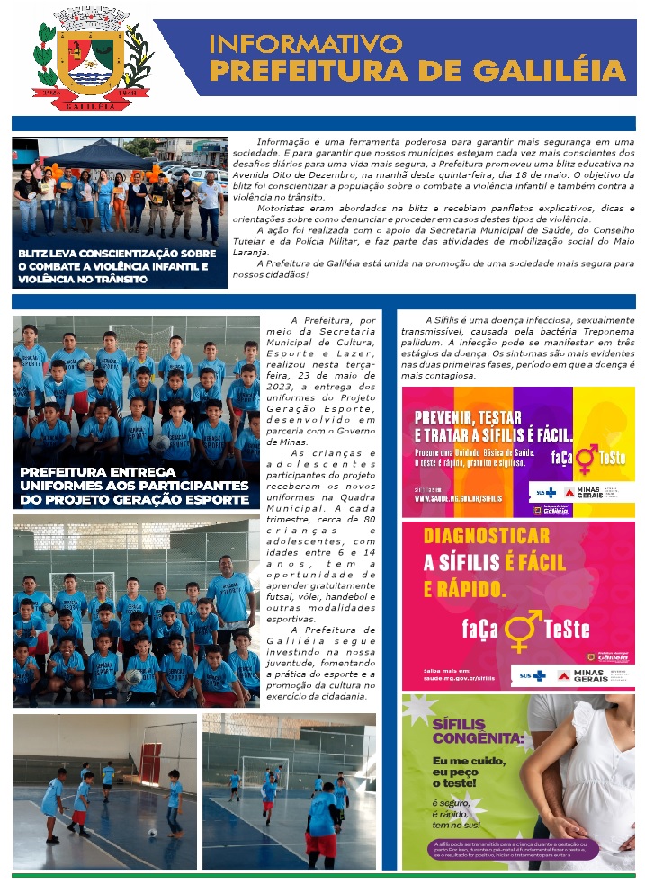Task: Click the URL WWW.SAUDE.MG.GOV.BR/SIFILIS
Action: pos(459,497)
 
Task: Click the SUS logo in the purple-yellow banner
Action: pos(545,493)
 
